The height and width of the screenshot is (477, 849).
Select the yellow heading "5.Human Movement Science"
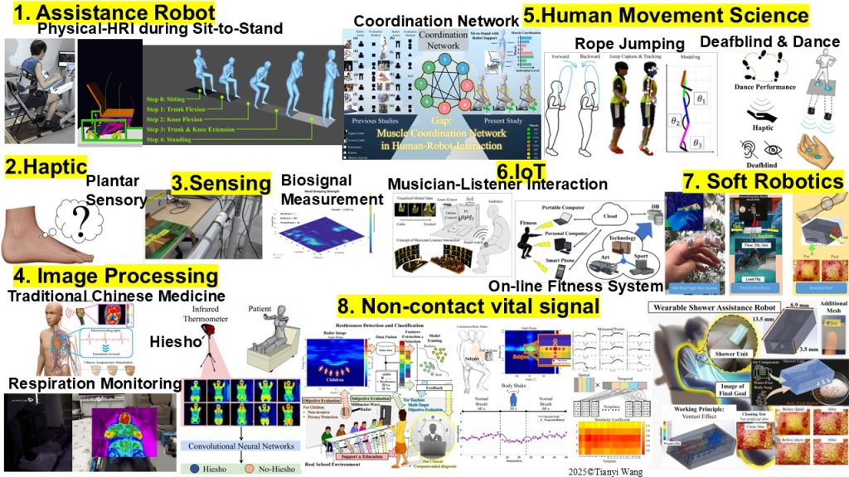pyautogui.click(x=666, y=16)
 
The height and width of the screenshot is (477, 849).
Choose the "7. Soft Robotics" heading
pyautogui.click(x=763, y=181)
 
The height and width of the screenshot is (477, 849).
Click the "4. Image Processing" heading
pyautogui.click(x=112, y=276)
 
